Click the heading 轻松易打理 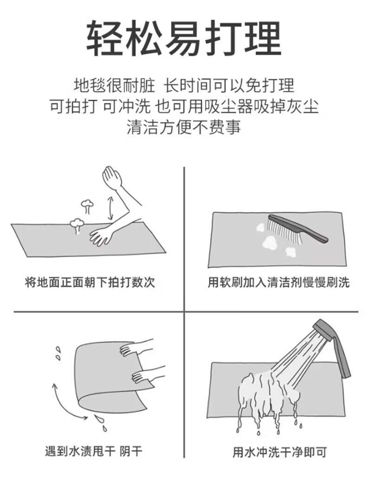click(x=183, y=39)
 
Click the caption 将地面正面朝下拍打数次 click(x=90, y=282)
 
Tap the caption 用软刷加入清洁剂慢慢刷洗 click(x=279, y=282)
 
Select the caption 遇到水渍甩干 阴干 click(x=93, y=451)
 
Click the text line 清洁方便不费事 click(x=183, y=127)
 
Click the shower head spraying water click(x=324, y=330)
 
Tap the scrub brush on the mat click(x=297, y=229)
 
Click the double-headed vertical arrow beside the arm click(x=111, y=208)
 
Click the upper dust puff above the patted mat click(x=87, y=206)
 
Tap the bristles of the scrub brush click(x=283, y=231)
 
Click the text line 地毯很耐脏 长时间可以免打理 click(x=183, y=85)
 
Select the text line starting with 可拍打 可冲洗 click(x=183, y=106)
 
